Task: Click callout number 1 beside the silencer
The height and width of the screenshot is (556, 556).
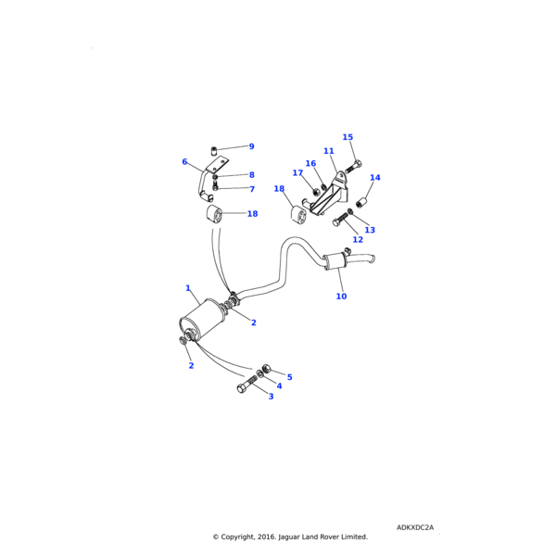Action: coord(188,288)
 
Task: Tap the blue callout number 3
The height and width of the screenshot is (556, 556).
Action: coord(272,397)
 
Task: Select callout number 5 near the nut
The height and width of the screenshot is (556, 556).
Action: coord(289,377)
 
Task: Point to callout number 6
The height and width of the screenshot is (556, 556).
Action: coord(184,162)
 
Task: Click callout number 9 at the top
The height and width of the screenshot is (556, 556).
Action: coord(251,146)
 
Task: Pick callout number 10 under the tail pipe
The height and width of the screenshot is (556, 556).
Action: coord(341,297)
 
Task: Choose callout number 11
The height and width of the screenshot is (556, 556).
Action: coord(328,151)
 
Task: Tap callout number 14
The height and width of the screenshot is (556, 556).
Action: coord(374,178)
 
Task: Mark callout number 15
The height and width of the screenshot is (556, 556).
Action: coord(347,137)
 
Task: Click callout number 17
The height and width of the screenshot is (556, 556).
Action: coord(297,173)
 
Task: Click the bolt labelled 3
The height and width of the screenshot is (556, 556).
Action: coord(246,385)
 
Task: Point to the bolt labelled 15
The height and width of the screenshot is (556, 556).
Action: coord(353,169)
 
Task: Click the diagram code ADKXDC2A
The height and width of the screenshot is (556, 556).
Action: coord(415,527)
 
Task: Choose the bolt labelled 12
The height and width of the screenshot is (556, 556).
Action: coord(341,220)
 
